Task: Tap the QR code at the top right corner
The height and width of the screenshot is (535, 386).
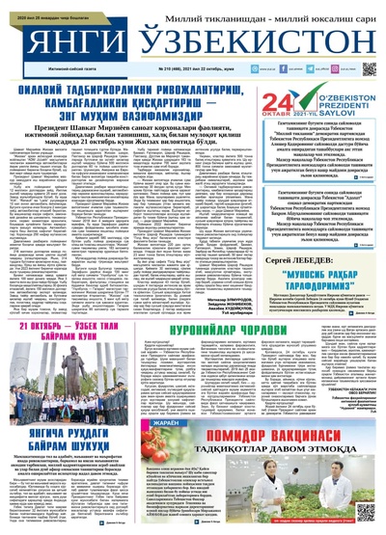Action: click(x=370, y=69)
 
